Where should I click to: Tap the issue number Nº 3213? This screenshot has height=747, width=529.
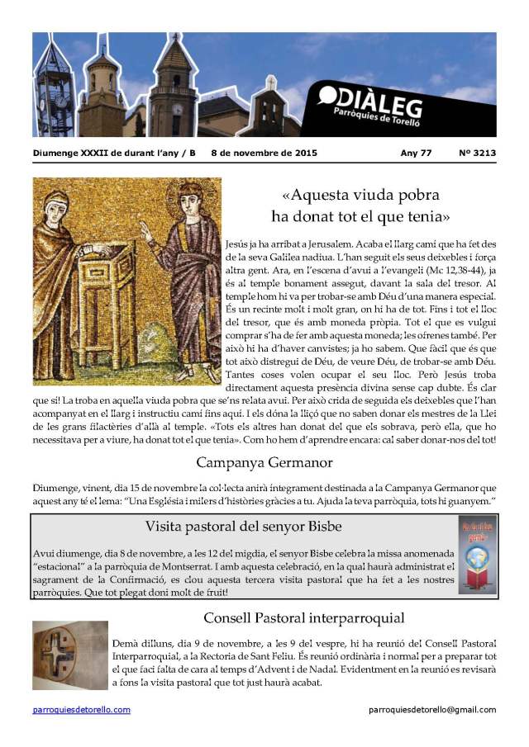[477, 153]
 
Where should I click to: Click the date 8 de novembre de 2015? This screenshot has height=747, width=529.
[264, 153]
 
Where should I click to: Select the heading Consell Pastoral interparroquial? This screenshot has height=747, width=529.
[303, 617]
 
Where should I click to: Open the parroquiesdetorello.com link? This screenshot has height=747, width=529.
[82, 709]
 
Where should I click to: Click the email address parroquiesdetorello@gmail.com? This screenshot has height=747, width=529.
[432, 709]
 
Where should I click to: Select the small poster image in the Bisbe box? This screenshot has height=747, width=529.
[478, 555]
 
